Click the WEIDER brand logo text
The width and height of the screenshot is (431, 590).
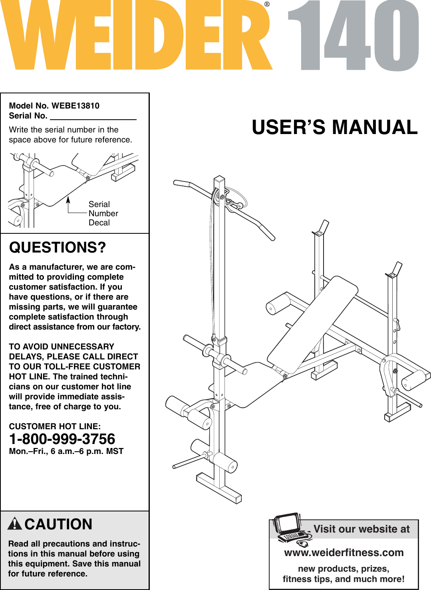(136, 36)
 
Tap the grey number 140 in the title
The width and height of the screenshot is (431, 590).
(354, 36)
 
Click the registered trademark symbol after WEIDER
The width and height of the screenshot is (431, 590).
(267, 4)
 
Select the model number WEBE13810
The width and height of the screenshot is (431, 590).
(75, 106)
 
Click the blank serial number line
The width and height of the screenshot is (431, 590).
(93, 116)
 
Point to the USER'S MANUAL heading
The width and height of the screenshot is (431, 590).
(334, 127)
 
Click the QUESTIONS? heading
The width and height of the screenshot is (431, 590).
(58, 247)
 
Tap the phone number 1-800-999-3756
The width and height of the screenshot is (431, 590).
(62, 439)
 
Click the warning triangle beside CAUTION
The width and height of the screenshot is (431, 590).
(15, 523)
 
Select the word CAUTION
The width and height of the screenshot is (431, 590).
(58, 524)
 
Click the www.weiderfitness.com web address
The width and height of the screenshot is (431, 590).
(344, 553)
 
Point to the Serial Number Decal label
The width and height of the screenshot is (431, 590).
(103, 213)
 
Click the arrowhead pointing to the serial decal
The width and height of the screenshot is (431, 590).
(68, 198)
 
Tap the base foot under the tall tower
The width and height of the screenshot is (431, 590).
(219, 487)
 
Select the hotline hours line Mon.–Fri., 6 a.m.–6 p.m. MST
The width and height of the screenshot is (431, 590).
(66, 451)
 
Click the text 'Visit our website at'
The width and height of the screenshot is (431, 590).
(361, 529)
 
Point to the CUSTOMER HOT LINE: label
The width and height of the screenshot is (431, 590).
(55, 426)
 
